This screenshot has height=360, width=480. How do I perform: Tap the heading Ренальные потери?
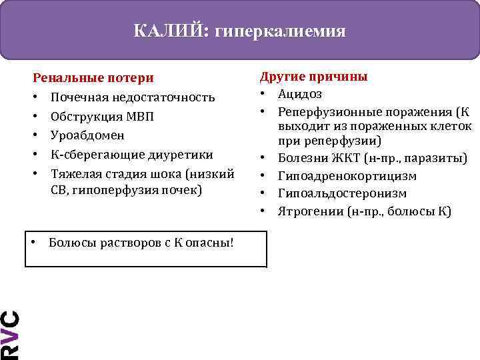[x=93, y=79]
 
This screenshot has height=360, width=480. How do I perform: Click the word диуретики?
[x=179, y=154]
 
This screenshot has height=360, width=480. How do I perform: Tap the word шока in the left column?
[x=168, y=173]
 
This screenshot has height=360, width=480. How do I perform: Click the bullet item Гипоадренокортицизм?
[x=347, y=176]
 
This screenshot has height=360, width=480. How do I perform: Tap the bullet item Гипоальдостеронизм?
[x=343, y=194]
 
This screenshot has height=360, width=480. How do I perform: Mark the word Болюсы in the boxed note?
[x=71, y=241]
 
